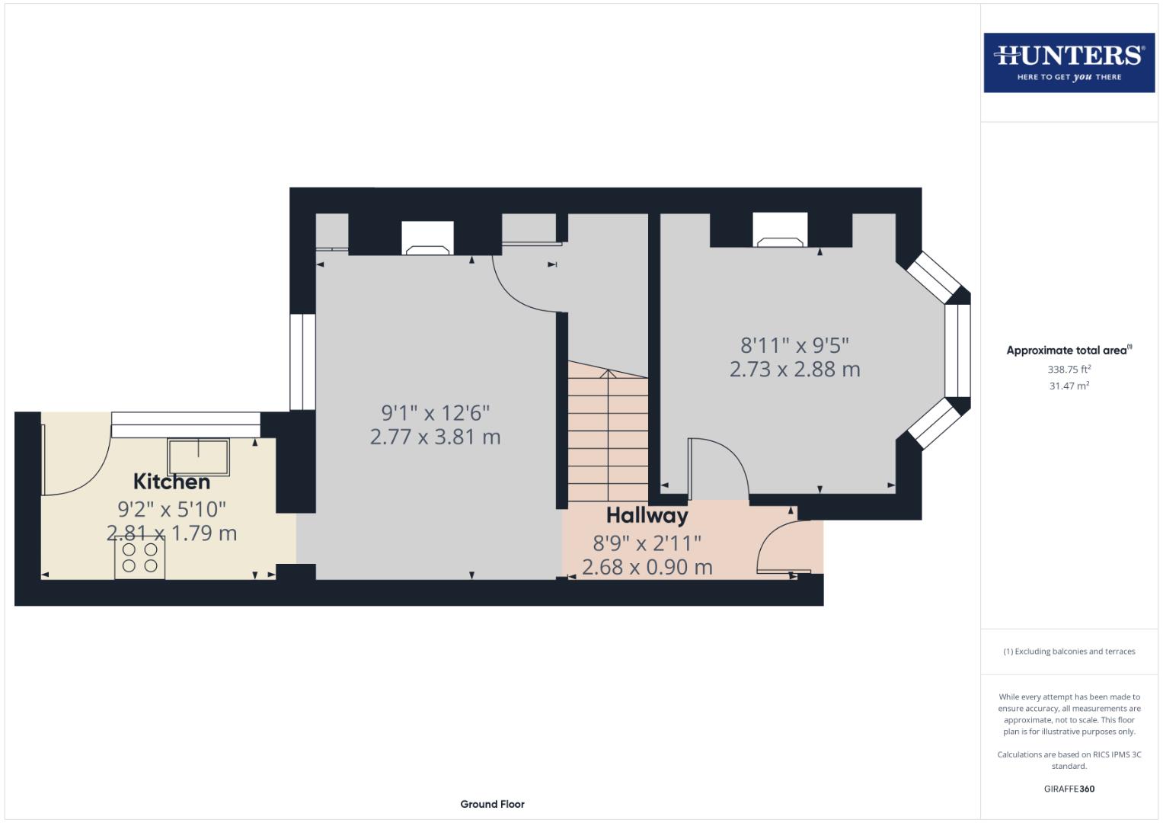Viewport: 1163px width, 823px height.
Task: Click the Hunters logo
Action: pos(1069,62)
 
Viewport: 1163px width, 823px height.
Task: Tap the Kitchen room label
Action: pos(171,482)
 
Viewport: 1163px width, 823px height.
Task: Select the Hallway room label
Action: pos(647,516)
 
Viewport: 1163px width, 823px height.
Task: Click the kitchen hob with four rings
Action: pos(140,557)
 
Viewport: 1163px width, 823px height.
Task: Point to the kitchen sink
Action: pos(199,456)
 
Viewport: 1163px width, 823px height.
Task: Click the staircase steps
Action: pos(607,434)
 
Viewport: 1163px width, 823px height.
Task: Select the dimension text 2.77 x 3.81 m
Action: pos(435,437)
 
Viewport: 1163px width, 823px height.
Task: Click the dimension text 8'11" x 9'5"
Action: pos(794,345)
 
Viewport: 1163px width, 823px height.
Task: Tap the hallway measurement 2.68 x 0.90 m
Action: pos(647,567)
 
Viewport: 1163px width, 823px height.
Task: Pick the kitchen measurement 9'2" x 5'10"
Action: pos(171,508)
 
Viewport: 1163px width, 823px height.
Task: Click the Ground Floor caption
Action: pos(492,804)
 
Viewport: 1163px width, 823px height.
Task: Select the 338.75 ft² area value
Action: pos(1069,369)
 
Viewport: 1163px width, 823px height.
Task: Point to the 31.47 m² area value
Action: pos(1069,386)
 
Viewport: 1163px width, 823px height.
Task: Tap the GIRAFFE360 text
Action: pos(1069,789)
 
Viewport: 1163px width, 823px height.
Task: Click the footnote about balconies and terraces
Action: pos(1069,652)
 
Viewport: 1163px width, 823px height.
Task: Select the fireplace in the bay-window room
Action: pos(780,230)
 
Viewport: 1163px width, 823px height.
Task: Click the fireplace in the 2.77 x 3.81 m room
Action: pos(427,238)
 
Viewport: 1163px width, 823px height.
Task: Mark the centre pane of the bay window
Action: pos(957,351)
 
